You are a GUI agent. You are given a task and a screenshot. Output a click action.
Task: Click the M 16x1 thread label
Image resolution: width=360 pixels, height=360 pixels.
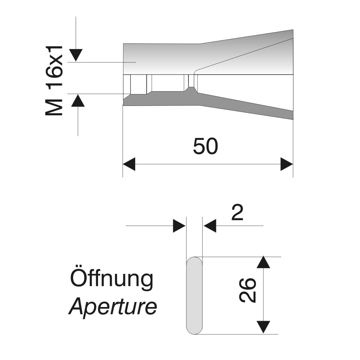point(54,81)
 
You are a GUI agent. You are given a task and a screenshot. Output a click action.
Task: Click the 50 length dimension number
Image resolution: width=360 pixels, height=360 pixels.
point(205,146)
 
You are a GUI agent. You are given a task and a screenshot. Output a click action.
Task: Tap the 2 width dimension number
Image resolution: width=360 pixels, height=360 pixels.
point(237,213)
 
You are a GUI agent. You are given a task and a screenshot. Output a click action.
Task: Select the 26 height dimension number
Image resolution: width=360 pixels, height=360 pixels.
point(247,290)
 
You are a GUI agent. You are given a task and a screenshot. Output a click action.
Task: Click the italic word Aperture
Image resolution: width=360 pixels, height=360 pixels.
point(113,307)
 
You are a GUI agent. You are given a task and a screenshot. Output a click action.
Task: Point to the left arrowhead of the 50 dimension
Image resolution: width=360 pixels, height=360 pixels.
point(129,164)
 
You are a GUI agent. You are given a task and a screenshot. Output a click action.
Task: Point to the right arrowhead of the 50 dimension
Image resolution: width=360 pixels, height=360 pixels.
point(287,164)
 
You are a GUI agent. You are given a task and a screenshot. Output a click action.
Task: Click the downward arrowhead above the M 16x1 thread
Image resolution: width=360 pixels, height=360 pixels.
point(76,55)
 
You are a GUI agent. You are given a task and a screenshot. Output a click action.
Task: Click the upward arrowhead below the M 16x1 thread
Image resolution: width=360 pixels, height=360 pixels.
point(78,101)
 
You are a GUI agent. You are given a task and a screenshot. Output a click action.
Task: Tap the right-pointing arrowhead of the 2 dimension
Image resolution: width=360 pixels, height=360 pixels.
point(179,226)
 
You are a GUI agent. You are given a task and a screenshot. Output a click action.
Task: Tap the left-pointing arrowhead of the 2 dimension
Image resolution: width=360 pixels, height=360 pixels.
point(210,226)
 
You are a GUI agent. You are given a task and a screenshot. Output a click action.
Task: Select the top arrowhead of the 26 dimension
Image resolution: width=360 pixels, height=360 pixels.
point(263,262)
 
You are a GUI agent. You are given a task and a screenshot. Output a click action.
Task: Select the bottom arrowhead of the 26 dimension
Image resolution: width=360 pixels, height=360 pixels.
point(263,327)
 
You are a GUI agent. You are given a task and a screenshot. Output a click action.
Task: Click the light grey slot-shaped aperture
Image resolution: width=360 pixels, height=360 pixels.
point(194,295)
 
